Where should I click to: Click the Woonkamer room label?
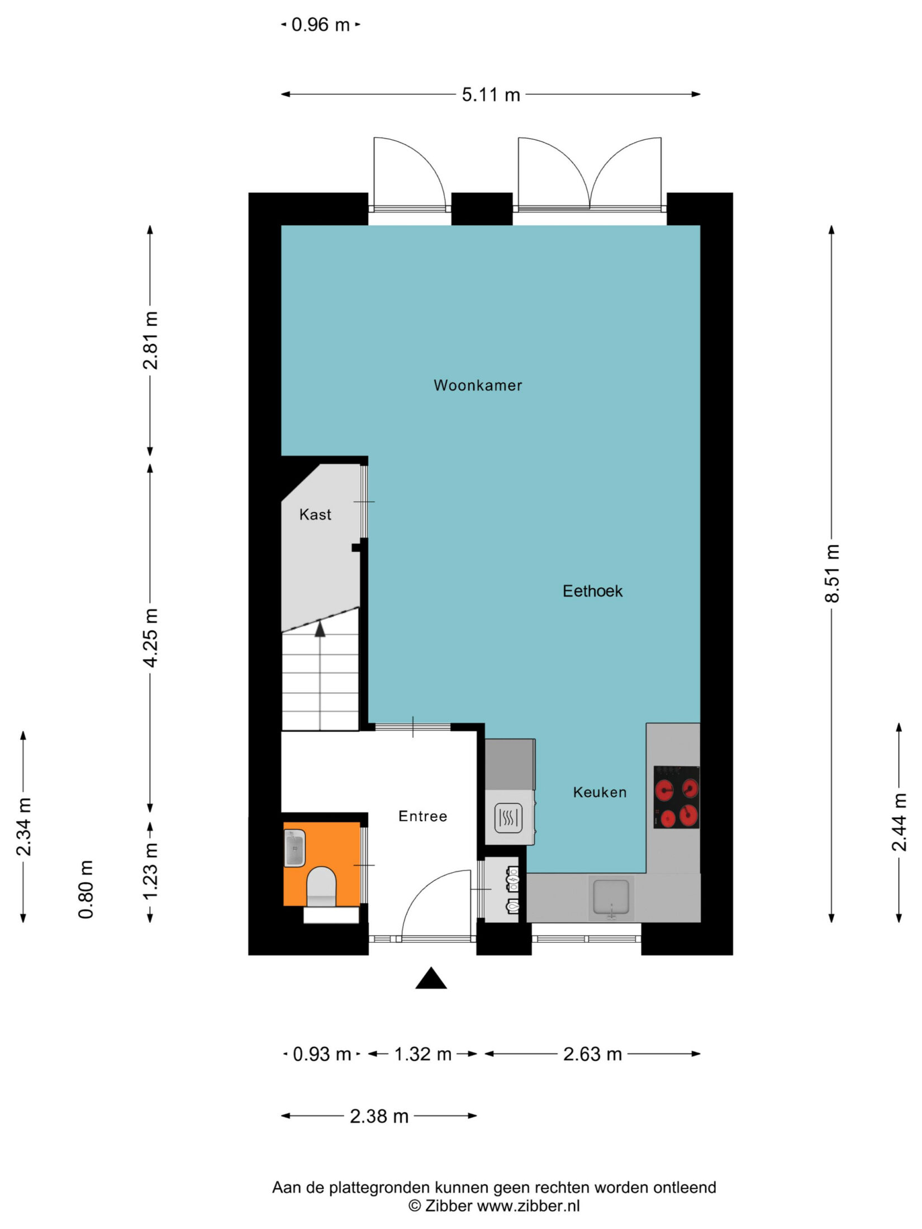(x=478, y=385)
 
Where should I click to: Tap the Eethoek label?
(x=592, y=591)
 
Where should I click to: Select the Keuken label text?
(x=600, y=792)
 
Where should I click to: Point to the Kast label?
(x=315, y=515)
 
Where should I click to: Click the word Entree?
(x=422, y=816)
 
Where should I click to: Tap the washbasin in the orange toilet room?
(x=294, y=848)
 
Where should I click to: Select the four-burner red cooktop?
(x=676, y=797)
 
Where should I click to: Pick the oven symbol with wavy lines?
(x=508, y=818)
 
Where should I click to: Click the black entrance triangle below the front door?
(x=431, y=978)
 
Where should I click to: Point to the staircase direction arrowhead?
(x=320, y=629)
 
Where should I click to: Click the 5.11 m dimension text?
(x=491, y=95)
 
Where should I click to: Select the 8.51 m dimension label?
(x=832, y=573)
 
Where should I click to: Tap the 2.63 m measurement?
(x=592, y=1054)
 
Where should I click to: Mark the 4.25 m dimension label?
(x=150, y=637)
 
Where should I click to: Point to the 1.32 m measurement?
(x=422, y=1054)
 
